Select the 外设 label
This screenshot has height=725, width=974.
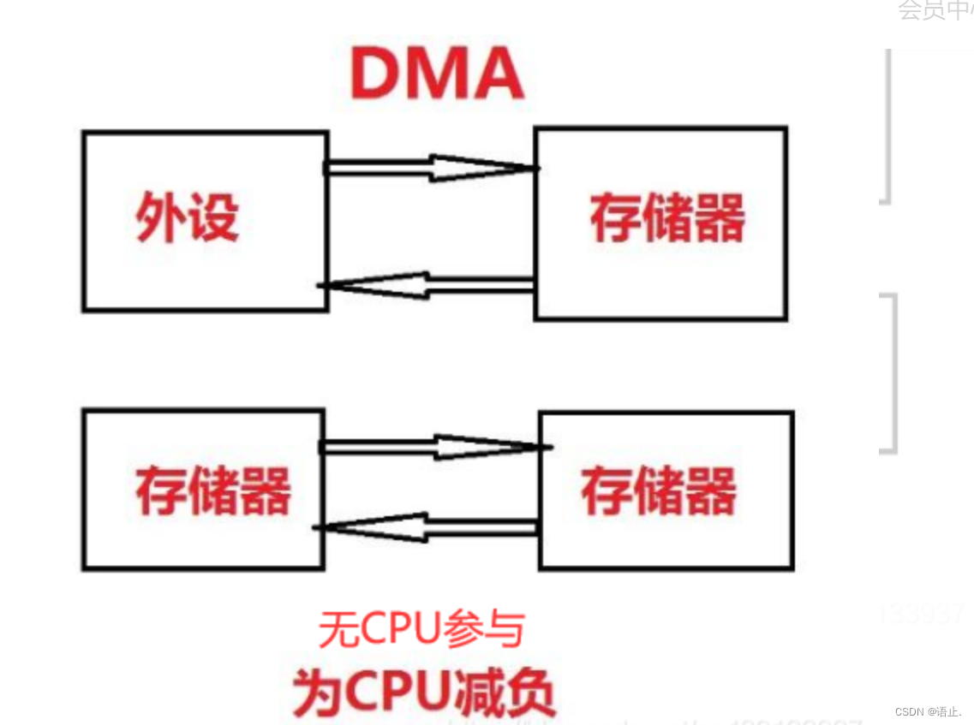coord(187,217)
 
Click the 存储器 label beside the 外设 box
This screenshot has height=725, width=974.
coord(667,219)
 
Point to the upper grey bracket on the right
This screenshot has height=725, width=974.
coord(886,126)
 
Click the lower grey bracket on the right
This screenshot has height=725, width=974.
coord(891,372)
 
